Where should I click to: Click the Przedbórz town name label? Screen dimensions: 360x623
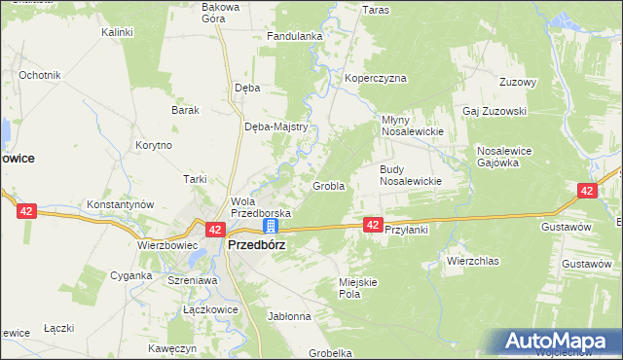[256, 245]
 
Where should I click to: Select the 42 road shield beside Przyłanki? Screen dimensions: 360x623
[373, 225]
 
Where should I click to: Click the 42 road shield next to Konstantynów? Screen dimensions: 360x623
[26, 209]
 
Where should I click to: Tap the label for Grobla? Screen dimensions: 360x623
[328, 186]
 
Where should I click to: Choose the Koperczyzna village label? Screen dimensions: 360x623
[375, 79]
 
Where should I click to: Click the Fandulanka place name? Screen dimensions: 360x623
[295, 37]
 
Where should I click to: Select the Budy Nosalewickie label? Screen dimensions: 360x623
[411, 174]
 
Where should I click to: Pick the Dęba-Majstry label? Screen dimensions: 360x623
[276, 126]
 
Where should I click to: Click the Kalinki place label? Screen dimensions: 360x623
[117, 32]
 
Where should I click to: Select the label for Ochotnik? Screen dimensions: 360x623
[40, 75]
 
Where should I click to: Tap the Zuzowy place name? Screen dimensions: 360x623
[518, 83]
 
